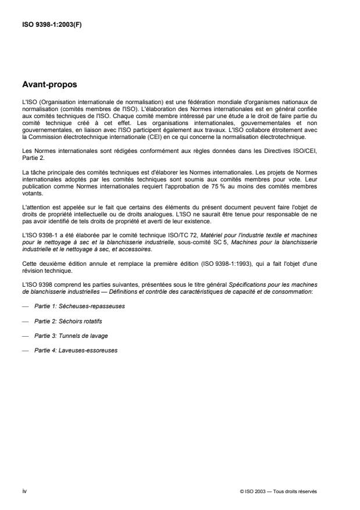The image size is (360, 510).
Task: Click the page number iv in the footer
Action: [24, 491]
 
